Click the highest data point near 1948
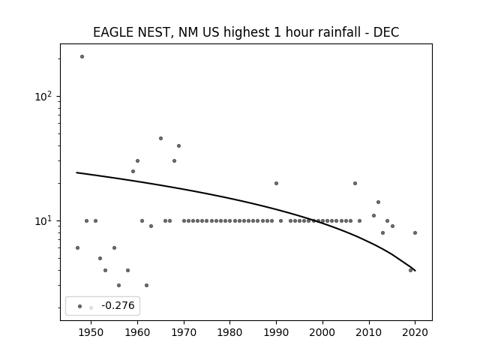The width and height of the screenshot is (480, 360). [82, 57]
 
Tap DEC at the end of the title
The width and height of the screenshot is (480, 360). [386, 32]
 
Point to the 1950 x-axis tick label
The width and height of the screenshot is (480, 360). [91, 332]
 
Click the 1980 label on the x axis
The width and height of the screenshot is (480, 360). [229, 332]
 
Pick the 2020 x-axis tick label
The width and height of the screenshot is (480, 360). [415, 332]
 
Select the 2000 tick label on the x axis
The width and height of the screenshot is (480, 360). [322, 332]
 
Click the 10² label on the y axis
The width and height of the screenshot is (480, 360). [43, 96]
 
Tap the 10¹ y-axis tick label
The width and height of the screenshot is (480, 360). [43, 220]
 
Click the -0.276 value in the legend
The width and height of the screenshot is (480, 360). [118, 305]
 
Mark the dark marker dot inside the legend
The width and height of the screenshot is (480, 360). [80, 306]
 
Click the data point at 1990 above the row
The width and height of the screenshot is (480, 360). [276, 183]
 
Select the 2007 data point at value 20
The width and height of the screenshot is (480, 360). [355, 183]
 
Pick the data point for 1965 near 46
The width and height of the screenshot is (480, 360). [160, 138]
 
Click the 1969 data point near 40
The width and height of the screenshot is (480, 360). [178, 145]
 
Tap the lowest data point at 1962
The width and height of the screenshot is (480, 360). [147, 285]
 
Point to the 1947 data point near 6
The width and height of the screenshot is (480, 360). [77, 247]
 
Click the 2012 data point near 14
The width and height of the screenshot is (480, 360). [378, 202]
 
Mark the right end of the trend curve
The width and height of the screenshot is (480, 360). [415, 271]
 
